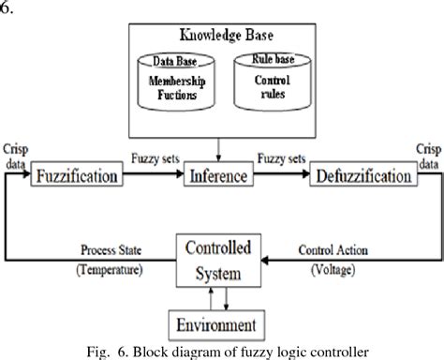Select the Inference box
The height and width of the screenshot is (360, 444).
point(219,175)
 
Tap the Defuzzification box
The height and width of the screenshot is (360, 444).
point(361,175)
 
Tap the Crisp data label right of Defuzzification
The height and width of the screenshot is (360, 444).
point(427,155)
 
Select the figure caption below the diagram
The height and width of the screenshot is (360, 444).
point(221,351)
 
